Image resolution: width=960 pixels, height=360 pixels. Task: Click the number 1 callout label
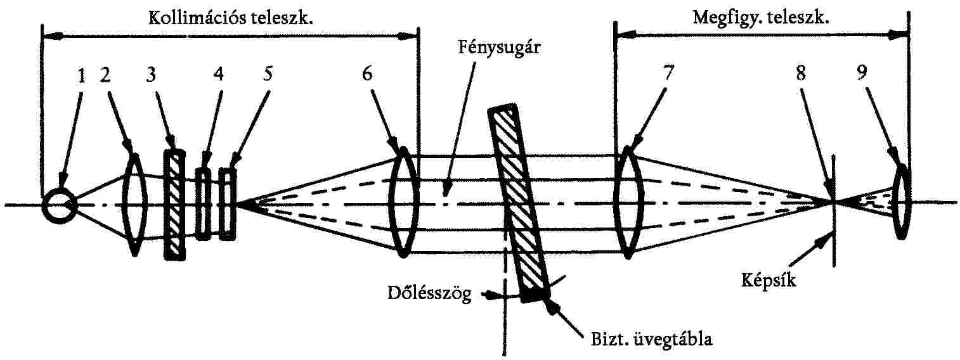point(81,77)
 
